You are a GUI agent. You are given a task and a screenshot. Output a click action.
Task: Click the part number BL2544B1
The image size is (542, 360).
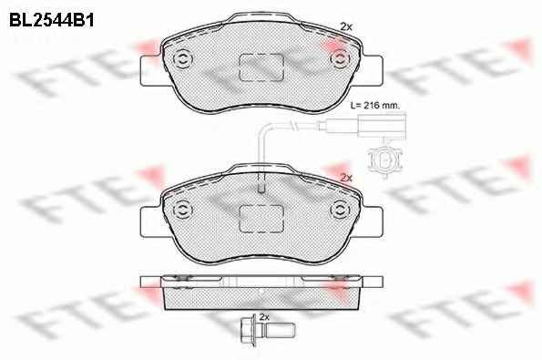pyautogui.click(x=52, y=20)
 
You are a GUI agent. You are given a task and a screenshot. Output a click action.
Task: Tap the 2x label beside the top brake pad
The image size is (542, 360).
pyautogui.click(x=346, y=26)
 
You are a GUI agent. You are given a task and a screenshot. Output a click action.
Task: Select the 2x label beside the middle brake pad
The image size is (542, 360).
pyautogui.click(x=346, y=178)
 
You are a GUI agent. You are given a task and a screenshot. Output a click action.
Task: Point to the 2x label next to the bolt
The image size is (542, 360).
pyautogui.click(x=264, y=317)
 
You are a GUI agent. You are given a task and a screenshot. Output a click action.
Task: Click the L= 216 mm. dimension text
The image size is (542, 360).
pyautogui.click(x=374, y=105)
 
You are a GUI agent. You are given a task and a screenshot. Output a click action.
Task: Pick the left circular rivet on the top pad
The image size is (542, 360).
pyautogui.click(x=182, y=59)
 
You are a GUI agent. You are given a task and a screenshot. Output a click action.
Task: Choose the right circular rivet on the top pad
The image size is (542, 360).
pyautogui.click(x=340, y=58)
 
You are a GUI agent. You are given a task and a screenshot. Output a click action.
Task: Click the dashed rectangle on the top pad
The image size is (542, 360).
pyautogui.click(x=261, y=67)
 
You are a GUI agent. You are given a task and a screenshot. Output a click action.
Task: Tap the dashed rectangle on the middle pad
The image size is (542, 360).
pyautogui.click(x=261, y=219)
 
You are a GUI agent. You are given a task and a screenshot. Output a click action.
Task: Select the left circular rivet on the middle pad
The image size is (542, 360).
pyautogui.click(x=182, y=210)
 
